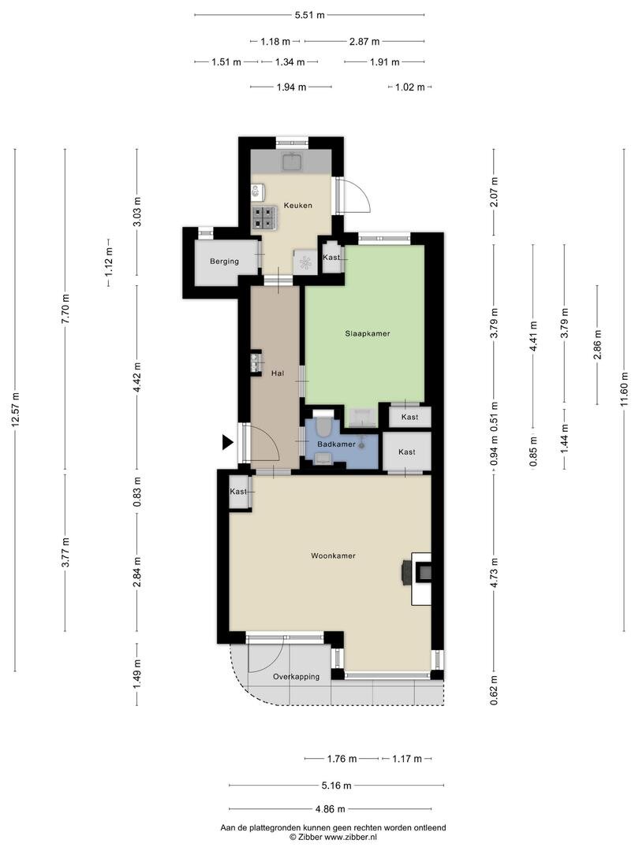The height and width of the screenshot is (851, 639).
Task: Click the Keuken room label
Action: point(297,205)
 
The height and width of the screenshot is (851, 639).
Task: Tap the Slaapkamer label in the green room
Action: point(368,333)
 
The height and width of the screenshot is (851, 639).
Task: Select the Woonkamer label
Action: point(333,556)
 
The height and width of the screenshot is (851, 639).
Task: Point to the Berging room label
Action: point(224,261)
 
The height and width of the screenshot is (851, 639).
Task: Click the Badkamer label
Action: point(336,444)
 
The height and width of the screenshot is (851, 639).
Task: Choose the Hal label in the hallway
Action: point(278,373)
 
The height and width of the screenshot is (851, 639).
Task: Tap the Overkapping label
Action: point(296,677)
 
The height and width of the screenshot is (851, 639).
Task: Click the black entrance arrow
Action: point(228,443)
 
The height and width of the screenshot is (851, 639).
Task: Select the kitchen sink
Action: point(293,162)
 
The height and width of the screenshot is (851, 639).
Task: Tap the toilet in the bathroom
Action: point(323,424)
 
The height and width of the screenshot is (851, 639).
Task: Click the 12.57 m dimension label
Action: point(15,410)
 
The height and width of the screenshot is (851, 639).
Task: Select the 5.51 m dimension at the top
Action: point(310,15)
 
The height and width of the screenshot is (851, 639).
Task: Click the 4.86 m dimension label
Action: point(331,809)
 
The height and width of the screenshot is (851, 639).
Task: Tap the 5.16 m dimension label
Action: point(336,786)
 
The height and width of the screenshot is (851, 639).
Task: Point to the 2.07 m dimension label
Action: point(494,192)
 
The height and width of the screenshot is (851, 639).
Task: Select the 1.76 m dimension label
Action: point(342,759)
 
